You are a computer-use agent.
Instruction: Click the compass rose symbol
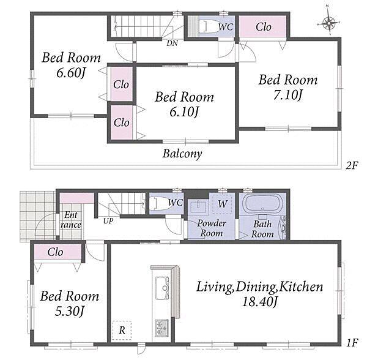[x=329, y=23]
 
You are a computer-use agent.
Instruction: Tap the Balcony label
[x=182, y=154]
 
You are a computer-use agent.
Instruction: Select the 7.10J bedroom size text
[x=288, y=96]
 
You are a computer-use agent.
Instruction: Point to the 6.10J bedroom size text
[x=184, y=113]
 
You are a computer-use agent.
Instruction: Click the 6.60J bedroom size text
[x=71, y=73]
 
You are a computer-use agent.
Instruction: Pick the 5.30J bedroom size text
[x=69, y=312]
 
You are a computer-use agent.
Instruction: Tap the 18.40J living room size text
[x=259, y=302]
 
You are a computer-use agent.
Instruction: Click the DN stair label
[x=172, y=43]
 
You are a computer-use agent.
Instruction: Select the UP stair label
[x=108, y=221]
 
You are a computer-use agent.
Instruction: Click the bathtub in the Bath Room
[x=262, y=203]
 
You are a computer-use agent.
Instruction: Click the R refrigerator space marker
[x=122, y=330]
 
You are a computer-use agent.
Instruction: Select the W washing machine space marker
[x=222, y=204]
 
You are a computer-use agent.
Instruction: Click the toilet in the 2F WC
[x=209, y=26]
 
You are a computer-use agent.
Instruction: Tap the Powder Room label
[x=212, y=228]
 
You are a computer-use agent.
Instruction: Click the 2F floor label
[x=352, y=166]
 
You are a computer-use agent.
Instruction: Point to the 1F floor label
[x=352, y=343]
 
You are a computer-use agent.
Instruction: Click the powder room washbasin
[x=198, y=206]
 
